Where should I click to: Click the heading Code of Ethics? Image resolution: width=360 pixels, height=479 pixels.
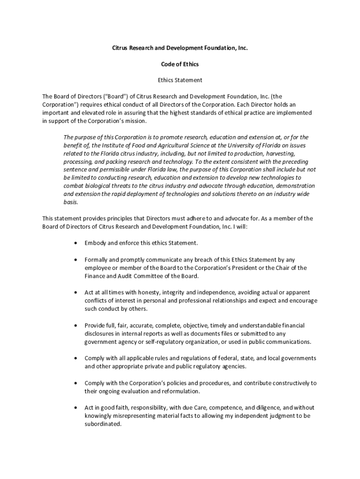pyautogui.click(x=180, y=64)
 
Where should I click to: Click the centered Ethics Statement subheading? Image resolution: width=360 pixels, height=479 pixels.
pyautogui.click(x=180, y=80)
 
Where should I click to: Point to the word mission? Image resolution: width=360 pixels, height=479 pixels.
pyautogui.click(x=136, y=121)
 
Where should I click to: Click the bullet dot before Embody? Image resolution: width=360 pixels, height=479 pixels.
pyautogui.click(x=76, y=243)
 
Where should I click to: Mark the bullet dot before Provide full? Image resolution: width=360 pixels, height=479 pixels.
pyautogui.click(x=76, y=325)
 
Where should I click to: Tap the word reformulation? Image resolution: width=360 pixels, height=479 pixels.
pyautogui.click(x=179, y=391)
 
